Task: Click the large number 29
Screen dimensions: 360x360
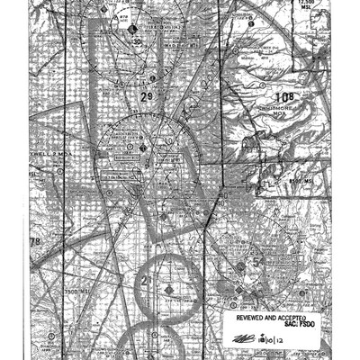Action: pos(147,96)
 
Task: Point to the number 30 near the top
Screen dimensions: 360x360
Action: pos(137,41)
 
